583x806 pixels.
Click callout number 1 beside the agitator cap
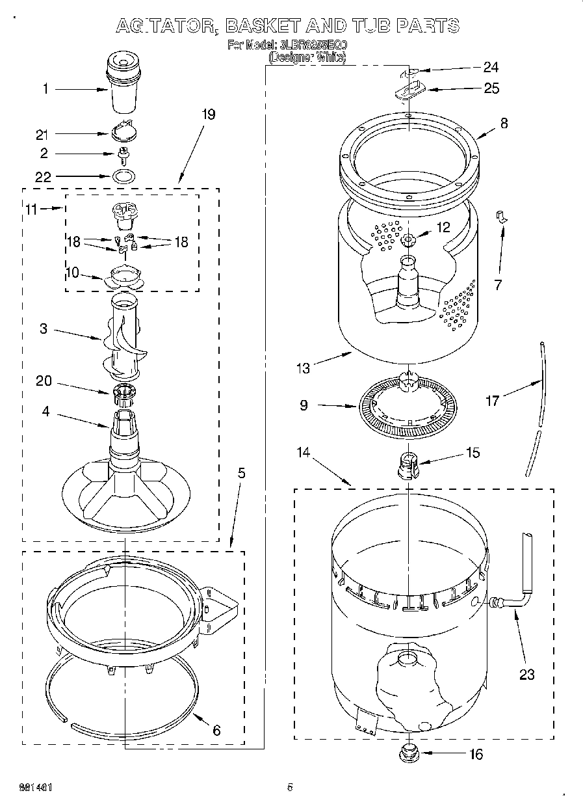pos(45,88)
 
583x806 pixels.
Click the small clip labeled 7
pos(500,216)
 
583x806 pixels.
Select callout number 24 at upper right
pos(491,67)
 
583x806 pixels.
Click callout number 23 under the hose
pos(526,675)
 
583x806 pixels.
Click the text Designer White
pos(307,57)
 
